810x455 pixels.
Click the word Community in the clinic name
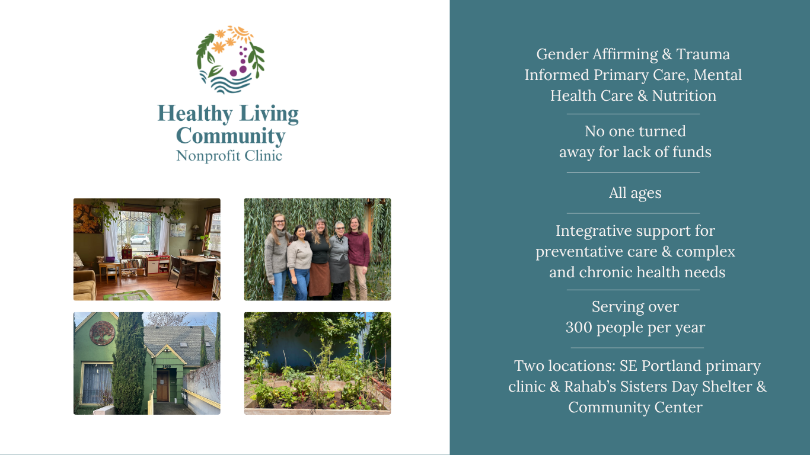[231, 136]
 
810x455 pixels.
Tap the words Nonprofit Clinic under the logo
[229, 156]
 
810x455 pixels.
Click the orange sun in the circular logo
[240, 33]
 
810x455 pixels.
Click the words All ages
[634, 193]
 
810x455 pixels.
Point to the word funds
[691, 152]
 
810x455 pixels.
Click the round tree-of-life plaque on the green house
[102, 333]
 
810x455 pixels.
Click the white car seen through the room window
[140, 239]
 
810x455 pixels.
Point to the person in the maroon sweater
[358, 255]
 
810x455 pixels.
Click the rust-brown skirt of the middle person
[319, 279]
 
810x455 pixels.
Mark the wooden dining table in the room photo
[193, 261]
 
